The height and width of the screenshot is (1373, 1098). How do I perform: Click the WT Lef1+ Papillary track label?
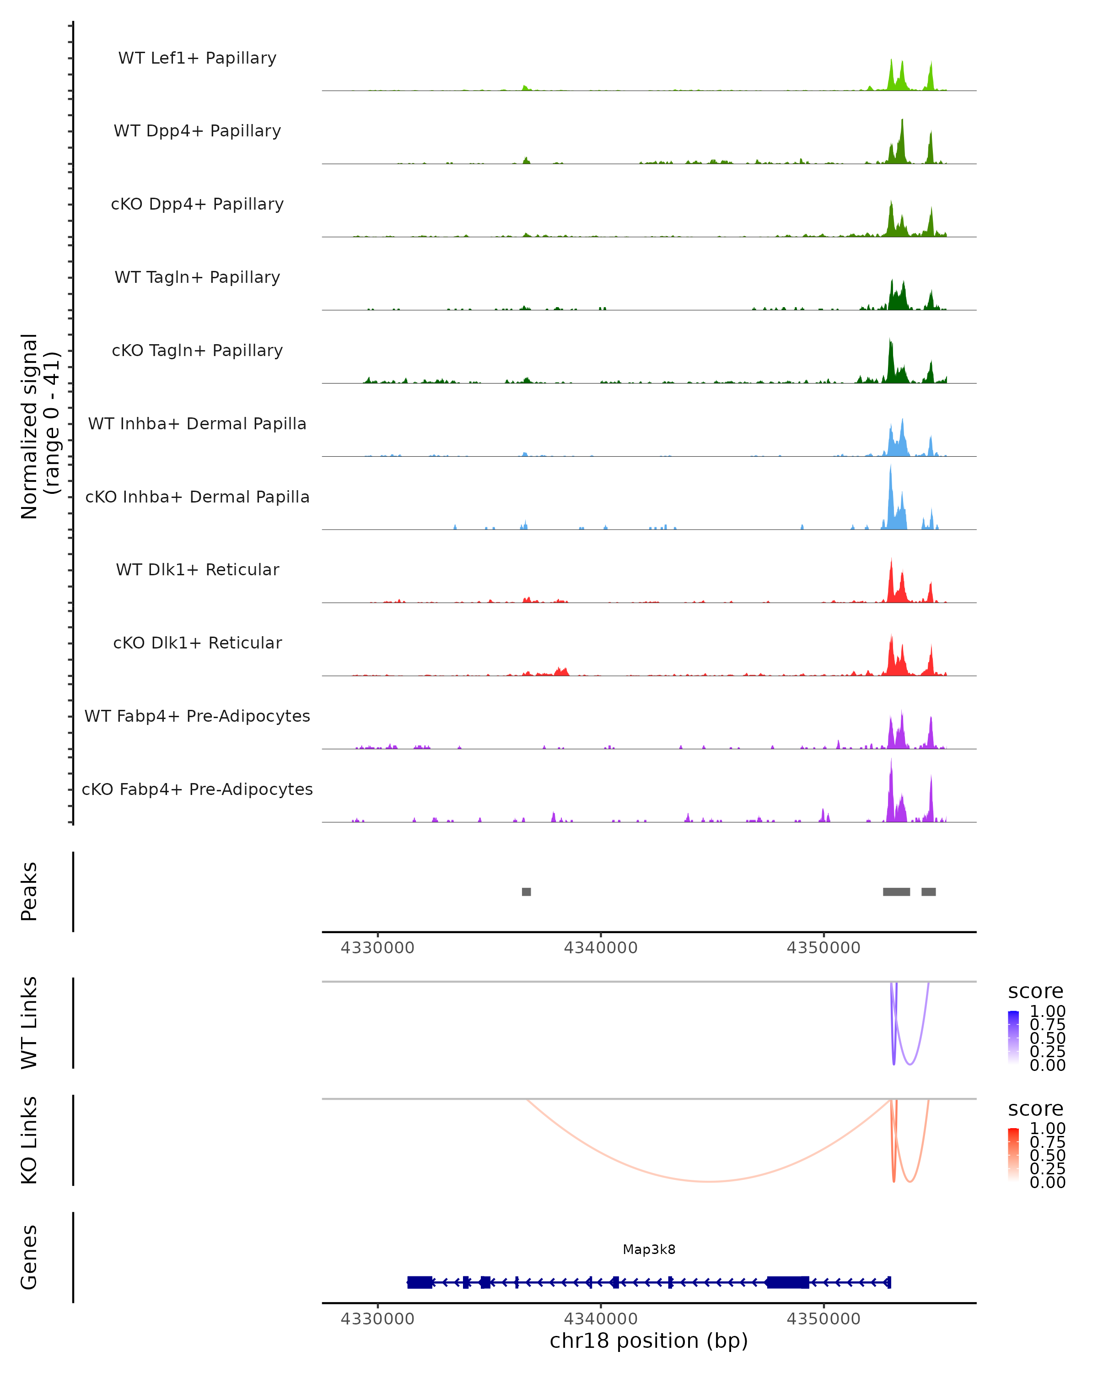(197, 58)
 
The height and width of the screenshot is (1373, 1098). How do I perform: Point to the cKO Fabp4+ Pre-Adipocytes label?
(197, 789)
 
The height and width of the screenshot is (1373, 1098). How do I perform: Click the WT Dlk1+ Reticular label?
(197, 569)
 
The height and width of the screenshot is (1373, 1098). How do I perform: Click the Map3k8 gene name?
(649, 1249)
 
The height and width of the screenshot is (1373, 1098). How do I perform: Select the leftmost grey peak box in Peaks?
(527, 892)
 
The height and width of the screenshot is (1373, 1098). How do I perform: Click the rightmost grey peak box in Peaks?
(929, 892)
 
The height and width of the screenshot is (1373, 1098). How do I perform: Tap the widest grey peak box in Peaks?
(896, 892)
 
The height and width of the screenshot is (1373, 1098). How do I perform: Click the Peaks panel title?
(29, 892)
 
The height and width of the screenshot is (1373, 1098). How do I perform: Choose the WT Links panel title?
(29, 1023)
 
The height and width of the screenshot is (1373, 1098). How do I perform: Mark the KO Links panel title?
(29, 1140)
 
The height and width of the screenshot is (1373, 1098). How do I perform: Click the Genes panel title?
(29, 1257)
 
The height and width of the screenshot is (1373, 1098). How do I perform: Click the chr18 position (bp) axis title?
(649, 1341)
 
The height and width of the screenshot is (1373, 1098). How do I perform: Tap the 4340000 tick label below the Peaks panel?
(600, 948)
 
